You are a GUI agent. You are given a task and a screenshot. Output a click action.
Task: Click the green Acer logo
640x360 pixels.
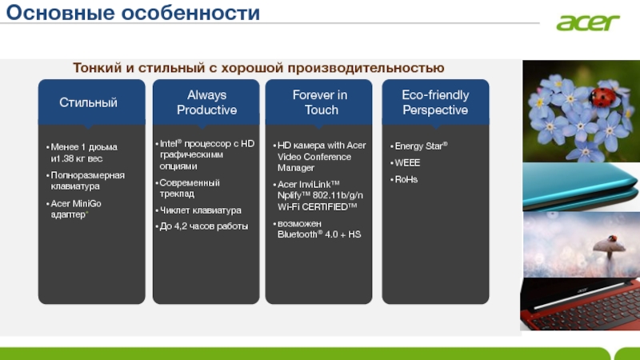[x=588, y=22]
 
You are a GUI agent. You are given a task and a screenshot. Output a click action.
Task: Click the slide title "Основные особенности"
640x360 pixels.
[x=133, y=13]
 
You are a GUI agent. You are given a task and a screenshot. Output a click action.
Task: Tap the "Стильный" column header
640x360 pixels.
[x=88, y=102]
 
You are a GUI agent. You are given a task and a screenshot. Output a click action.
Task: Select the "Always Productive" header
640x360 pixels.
[x=206, y=102]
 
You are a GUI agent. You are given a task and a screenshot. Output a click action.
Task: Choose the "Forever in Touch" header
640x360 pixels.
[x=320, y=102]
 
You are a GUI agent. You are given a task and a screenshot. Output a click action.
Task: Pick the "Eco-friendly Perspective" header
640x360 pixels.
[x=435, y=102]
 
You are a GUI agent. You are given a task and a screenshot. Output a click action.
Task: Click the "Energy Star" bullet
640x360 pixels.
[x=419, y=146]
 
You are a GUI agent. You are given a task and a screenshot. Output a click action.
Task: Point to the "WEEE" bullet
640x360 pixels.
[x=406, y=163]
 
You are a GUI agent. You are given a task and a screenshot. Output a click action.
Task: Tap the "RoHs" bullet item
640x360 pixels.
[x=404, y=179]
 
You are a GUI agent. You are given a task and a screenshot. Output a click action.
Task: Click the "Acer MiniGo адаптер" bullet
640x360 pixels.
[x=74, y=209]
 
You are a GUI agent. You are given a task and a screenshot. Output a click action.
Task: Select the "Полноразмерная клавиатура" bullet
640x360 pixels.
[x=86, y=181]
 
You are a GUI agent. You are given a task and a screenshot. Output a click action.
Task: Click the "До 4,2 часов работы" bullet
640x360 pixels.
[x=202, y=226]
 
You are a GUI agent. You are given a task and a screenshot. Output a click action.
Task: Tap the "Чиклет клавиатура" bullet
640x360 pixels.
[x=198, y=210]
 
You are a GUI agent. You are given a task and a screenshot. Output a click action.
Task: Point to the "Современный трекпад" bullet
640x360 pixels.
[x=188, y=188]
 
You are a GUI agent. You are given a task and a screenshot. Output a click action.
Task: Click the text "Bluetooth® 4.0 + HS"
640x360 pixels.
[x=319, y=234]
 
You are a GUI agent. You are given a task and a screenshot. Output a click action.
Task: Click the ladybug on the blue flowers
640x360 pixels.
[x=602, y=98]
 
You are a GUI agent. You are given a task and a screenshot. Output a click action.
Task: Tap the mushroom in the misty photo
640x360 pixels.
[x=609, y=247]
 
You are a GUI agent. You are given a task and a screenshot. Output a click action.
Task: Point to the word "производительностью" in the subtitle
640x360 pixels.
[x=366, y=68]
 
